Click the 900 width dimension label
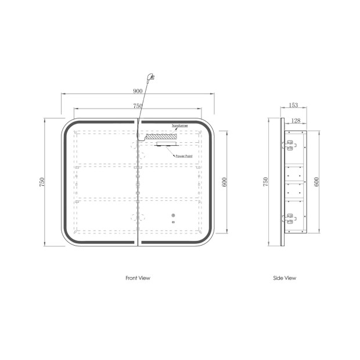138,91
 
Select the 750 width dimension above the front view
138,106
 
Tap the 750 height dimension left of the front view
42,182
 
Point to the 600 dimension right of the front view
225,182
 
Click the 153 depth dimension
293,105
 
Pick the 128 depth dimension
296,121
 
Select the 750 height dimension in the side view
265,182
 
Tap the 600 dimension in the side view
316,182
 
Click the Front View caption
138,278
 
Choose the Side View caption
285,278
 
